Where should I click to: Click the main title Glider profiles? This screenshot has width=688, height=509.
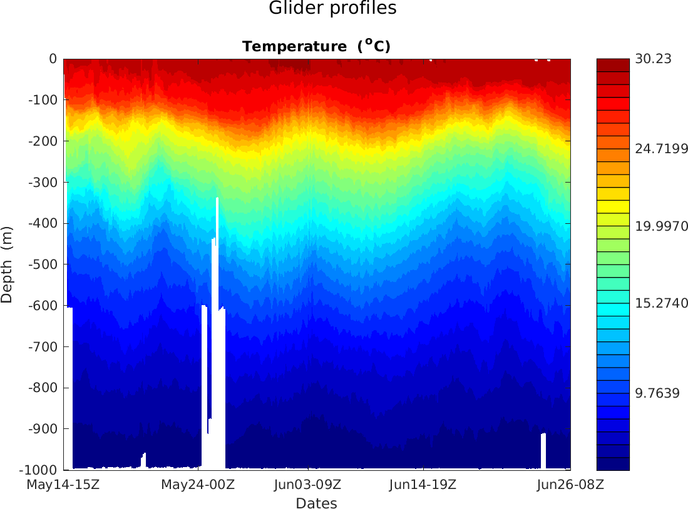pos(332,9)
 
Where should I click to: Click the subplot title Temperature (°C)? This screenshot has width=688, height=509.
pos(316,46)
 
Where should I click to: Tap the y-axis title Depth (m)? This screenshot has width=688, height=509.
pos(7,265)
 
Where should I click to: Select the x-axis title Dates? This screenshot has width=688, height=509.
pos(316,503)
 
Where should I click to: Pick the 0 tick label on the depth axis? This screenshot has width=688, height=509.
pos(53,59)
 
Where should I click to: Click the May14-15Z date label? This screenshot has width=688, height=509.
pos(64,485)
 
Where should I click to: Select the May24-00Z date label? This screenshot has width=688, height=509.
pos(198,485)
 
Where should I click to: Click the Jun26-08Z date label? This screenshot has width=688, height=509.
pos(567,485)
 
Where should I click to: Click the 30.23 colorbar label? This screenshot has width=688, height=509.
pos(654,59)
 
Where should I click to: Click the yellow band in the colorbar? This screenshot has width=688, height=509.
pos(613,206)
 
